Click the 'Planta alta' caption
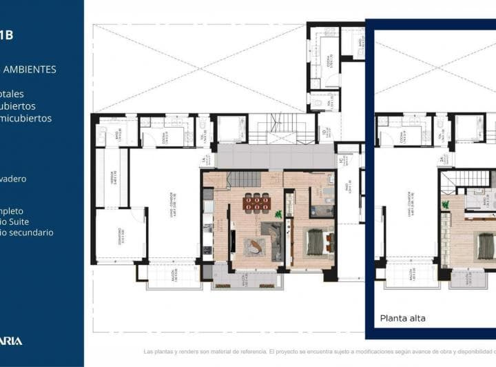click(x=403, y=318)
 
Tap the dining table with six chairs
click(x=256, y=202)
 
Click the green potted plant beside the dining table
click(x=278, y=213)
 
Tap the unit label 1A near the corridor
click(x=203, y=161)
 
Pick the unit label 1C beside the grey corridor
click(x=340, y=161)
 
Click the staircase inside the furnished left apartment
click(x=242, y=180)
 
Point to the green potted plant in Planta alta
click(x=446, y=205)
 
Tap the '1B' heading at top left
click(x=6, y=34)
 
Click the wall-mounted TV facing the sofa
click(x=233, y=245)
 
